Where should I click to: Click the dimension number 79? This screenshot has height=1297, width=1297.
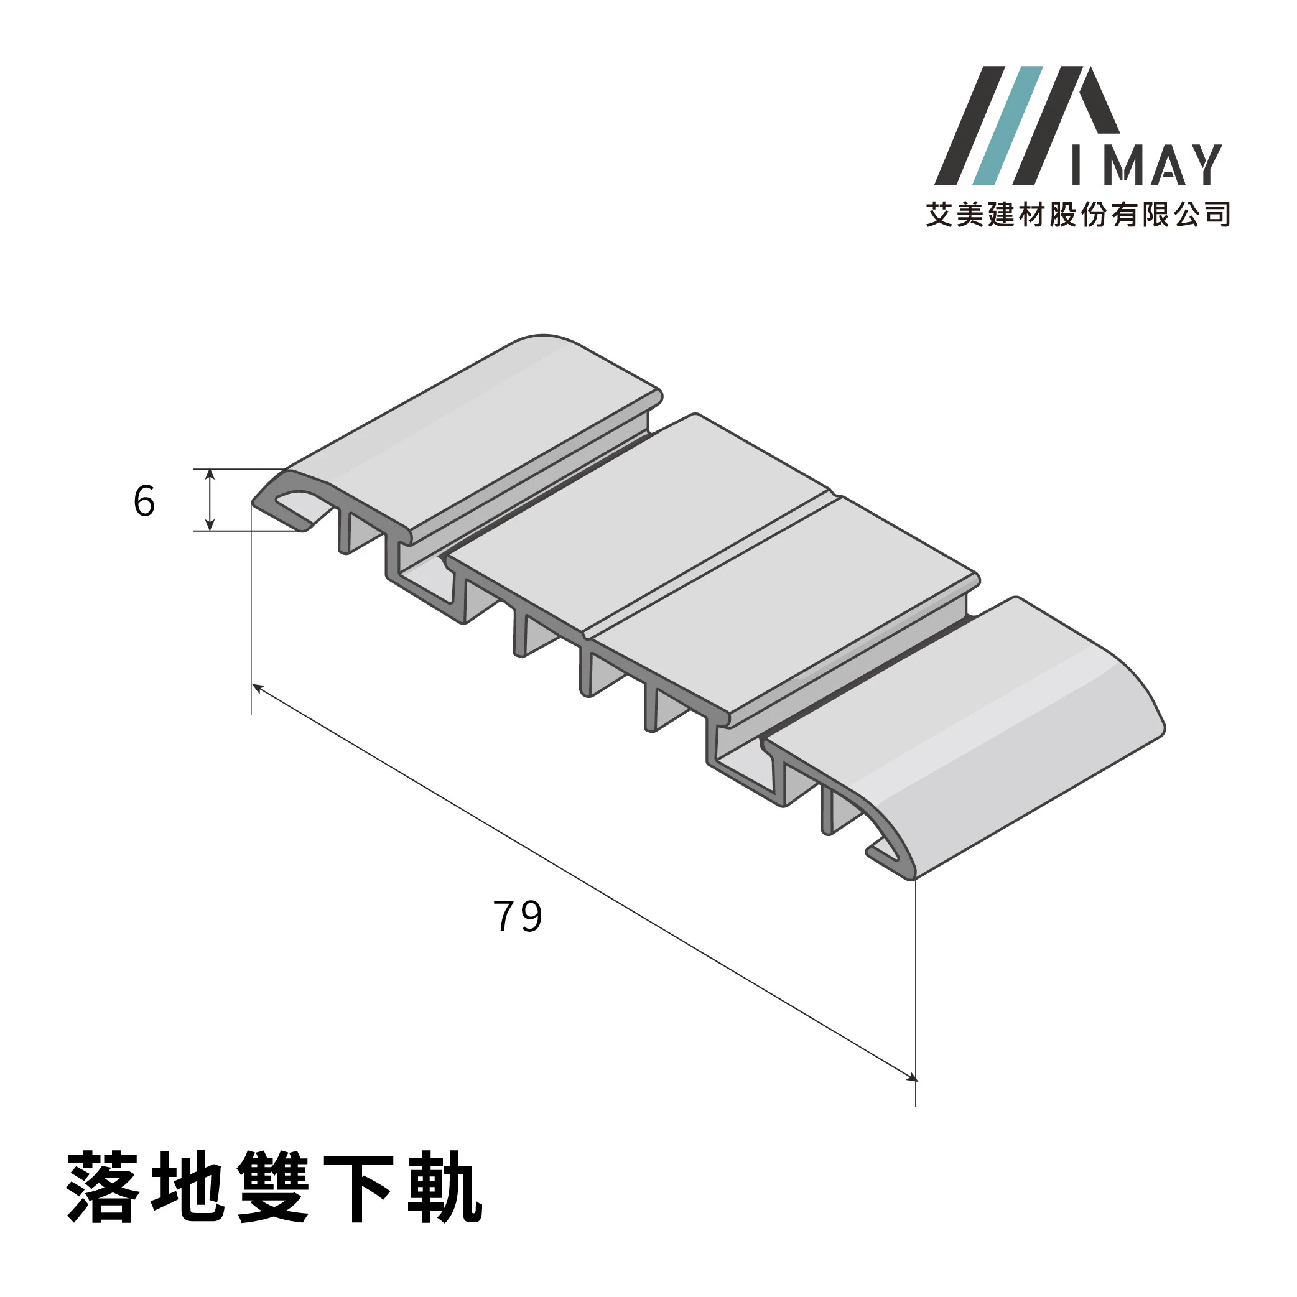point(518,917)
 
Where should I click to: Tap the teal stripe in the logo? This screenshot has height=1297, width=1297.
point(1008,126)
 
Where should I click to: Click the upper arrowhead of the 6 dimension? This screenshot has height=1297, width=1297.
point(210,474)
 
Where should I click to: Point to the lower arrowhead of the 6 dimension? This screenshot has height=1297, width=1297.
point(210,525)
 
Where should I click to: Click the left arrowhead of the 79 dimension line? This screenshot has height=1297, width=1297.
point(257,687)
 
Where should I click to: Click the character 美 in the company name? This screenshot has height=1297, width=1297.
point(970,214)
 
